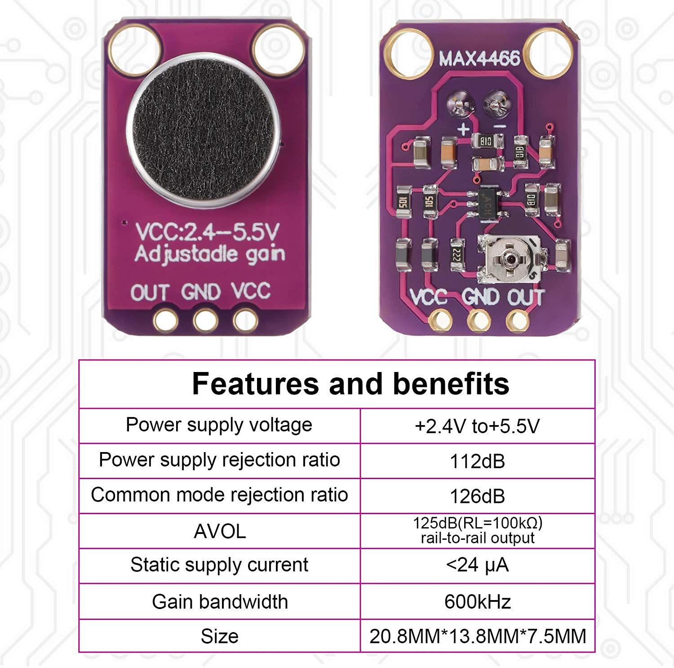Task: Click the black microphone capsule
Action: [203, 130]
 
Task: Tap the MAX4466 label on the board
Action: [479, 59]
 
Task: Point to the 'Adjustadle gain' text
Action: [210, 255]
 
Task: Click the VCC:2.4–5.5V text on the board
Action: [207, 232]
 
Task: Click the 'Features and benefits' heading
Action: [350, 384]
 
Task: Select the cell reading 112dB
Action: [477, 462]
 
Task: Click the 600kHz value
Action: [478, 601]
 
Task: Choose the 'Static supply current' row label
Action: [219, 565]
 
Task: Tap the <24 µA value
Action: [477, 565]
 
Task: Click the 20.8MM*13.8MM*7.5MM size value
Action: [478, 637]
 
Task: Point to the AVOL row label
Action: [220, 532]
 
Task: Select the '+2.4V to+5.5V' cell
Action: [477, 426]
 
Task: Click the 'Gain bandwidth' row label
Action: [220, 602]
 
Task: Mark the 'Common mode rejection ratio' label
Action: [219, 495]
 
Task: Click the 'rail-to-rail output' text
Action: [478, 538]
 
